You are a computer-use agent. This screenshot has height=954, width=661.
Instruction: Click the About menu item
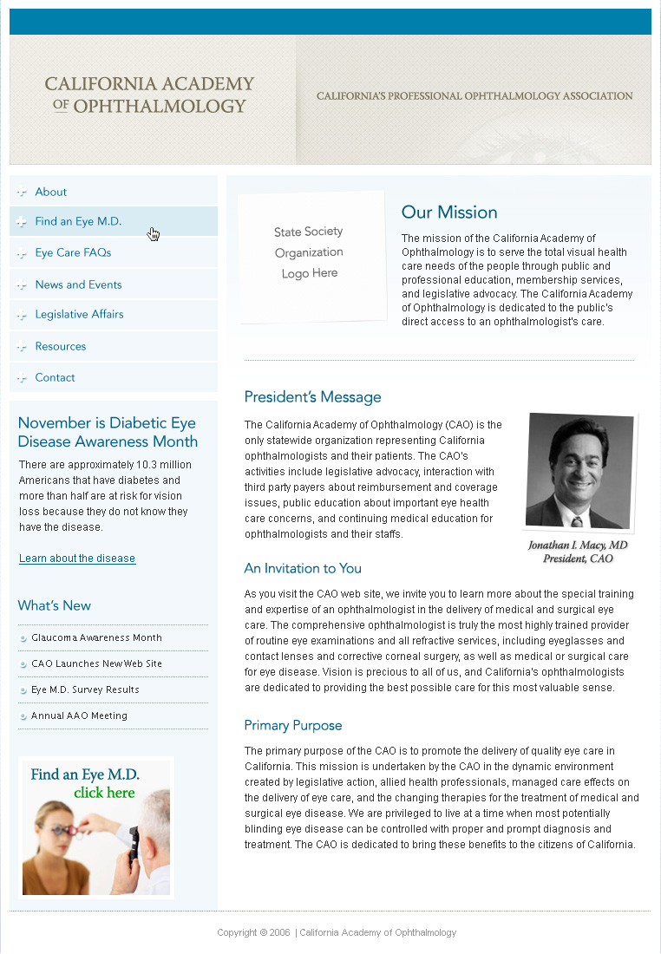coord(51,192)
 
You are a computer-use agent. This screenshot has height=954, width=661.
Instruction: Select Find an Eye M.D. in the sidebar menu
coord(78,221)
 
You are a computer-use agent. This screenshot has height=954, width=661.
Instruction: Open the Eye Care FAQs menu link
coord(73,252)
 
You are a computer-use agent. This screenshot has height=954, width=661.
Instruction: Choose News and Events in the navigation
coord(78,284)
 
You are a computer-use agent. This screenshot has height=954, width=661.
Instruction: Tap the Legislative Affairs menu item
coord(79,314)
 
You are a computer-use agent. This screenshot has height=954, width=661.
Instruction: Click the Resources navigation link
coord(61,346)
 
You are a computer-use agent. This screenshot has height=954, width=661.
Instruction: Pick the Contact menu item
coord(55,377)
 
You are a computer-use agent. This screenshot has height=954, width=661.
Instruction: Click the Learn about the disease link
coord(77,559)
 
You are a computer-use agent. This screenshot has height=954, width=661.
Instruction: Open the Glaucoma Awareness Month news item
coord(96,637)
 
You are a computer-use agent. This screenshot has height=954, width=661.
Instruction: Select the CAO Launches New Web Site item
coord(96,663)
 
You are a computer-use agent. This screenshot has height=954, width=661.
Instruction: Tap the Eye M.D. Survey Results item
coord(85,689)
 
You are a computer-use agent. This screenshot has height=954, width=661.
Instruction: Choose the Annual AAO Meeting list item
coord(79,715)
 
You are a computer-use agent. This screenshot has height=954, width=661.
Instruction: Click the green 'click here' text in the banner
coord(104,793)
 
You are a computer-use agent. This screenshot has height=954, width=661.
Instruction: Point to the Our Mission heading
coord(449,212)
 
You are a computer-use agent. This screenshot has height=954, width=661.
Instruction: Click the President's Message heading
coord(312,397)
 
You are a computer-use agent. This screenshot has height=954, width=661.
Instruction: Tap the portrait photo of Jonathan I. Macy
coord(579,470)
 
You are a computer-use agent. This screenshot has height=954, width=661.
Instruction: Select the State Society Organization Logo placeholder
coord(310,253)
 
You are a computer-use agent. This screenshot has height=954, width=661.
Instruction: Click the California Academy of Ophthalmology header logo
coord(149,95)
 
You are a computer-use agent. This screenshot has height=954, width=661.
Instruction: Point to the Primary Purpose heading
coord(293,725)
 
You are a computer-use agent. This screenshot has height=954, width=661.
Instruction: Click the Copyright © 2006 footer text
coord(253,932)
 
